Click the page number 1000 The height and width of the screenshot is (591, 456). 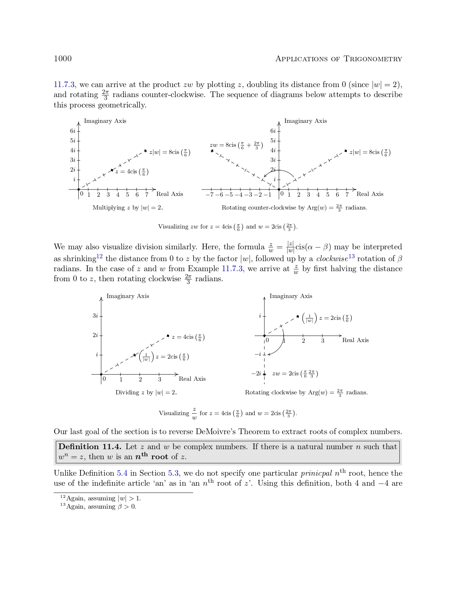(63, 59)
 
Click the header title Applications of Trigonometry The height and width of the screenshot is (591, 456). (338, 59)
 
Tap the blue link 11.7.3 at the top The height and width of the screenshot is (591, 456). (64, 85)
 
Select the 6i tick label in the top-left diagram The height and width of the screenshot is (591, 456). (73, 131)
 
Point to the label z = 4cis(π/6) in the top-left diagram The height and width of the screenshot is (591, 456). (132, 172)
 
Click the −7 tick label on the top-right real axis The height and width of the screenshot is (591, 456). (210, 195)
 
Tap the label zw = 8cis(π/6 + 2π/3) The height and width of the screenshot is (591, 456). (236, 145)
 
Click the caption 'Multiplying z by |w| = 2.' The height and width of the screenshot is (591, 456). (128, 208)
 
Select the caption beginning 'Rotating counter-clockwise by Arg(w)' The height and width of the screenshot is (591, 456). (294, 208)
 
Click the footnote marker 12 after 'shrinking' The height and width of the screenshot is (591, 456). (99, 256)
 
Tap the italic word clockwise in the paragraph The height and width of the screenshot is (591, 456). (332, 259)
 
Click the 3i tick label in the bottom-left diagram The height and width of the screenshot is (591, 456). (95, 316)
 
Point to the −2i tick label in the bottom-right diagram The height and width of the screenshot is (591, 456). (256, 374)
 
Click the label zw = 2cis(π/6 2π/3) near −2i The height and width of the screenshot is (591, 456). (295, 374)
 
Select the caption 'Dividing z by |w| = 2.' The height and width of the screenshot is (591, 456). (146, 393)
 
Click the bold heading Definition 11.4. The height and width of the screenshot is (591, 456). (90, 447)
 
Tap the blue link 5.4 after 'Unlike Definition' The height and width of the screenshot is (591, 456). (122, 473)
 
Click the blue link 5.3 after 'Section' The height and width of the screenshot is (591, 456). (173, 473)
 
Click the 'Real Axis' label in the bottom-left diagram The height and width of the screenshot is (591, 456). (192, 379)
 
